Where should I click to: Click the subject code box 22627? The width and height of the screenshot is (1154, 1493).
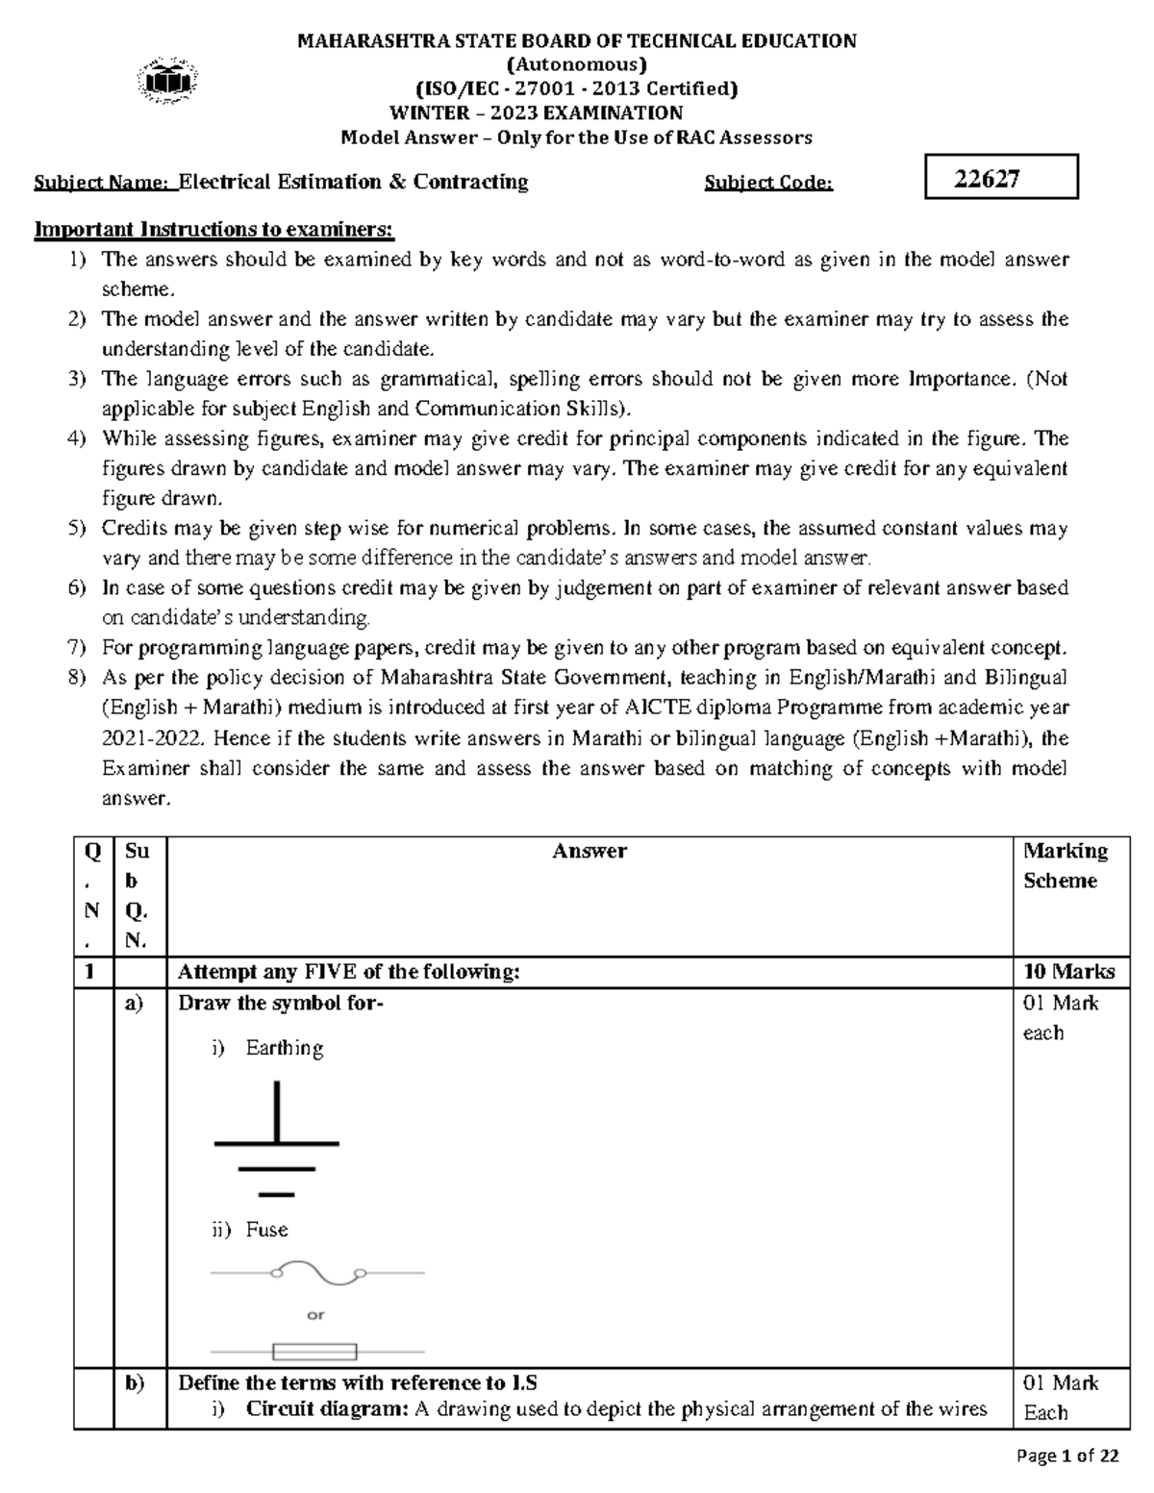(x=1000, y=178)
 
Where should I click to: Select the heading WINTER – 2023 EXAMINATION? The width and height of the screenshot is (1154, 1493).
(x=536, y=112)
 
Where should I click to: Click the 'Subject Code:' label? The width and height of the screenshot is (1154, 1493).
(x=768, y=183)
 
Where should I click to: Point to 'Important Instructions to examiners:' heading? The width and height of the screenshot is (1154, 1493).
(x=214, y=230)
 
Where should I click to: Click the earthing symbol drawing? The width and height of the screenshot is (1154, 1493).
(x=277, y=1139)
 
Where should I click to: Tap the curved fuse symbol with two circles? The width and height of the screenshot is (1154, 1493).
(x=317, y=1274)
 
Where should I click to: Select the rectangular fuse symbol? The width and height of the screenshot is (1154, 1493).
(x=315, y=1353)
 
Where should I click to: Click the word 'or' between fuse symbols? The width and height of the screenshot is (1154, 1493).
(x=315, y=1314)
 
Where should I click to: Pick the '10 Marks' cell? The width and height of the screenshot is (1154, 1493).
(x=1068, y=972)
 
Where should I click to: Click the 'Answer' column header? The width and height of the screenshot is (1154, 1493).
(x=590, y=851)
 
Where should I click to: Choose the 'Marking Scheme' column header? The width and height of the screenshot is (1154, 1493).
(x=1065, y=865)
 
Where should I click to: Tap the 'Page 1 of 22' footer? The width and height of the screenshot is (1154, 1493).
(x=1066, y=1456)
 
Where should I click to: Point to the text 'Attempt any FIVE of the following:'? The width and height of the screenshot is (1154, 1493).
(x=348, y=972)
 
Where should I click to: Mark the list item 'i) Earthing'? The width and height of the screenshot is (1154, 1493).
(x=267, y=1048)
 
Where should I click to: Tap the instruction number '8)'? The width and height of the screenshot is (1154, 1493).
(x=78, y=678)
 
